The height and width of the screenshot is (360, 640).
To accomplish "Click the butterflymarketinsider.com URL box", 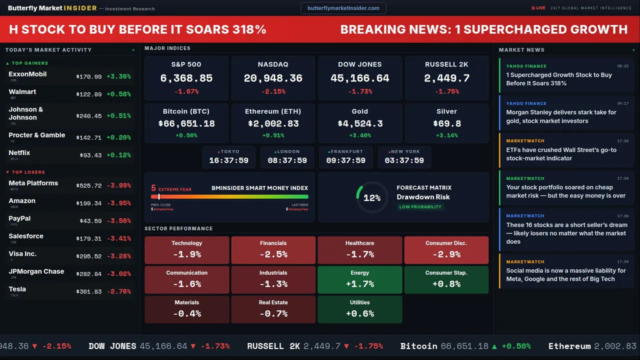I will [x=343, y=8].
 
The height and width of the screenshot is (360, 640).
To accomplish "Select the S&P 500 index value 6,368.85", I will [x=186, y=78].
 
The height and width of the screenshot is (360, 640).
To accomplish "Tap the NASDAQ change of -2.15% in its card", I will [x=273, y=91].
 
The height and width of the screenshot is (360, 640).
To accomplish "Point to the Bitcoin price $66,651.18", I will [x=186, y=123].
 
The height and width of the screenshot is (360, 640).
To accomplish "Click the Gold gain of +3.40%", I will [x=360, y=135].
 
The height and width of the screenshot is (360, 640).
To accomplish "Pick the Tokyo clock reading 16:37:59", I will [x=228, y=160].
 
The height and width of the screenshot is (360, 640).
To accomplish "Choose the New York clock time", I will [x=404, y=160].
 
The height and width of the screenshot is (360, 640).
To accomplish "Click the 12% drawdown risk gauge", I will [x=372, y=198].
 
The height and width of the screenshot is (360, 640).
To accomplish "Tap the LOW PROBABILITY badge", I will [x=420, y=207].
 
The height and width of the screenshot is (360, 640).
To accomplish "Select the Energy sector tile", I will [x=360, y=279].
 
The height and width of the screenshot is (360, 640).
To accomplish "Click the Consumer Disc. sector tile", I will [x=446, y=250].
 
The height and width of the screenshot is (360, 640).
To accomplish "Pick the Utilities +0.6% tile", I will [x=360, y=309].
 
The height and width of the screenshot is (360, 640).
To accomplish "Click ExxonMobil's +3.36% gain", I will [x=119, y=76].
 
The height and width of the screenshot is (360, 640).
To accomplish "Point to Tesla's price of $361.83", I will [x=89, y=291].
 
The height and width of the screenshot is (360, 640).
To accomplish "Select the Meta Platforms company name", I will [x=33, y=183].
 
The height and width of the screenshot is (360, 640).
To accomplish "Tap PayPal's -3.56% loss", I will [x=119, y=221].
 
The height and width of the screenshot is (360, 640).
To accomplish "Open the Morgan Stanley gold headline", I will [x=561, y=116].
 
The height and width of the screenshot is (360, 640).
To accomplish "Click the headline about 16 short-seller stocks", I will [x=566, y=233].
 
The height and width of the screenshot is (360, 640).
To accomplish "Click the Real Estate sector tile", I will [x=273, y=309].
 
